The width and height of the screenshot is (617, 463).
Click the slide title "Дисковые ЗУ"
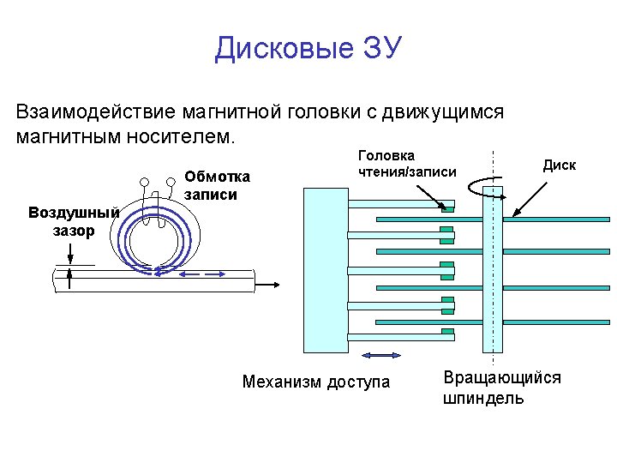(308, 49)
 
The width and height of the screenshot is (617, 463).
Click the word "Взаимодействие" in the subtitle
(93, 112)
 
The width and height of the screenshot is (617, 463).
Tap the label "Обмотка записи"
(217, 185)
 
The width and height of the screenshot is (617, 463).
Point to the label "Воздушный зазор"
(73, 220)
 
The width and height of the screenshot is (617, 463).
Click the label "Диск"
(560, 165)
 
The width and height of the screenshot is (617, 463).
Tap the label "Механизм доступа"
(315, 382)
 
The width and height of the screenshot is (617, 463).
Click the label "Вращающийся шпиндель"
(501, 388)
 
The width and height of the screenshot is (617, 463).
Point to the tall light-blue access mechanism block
(325, 269)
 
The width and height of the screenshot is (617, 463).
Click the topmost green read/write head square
(447, 207)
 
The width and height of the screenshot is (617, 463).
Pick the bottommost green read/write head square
(447, 332)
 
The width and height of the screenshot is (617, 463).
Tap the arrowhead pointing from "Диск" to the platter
(515, 213)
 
